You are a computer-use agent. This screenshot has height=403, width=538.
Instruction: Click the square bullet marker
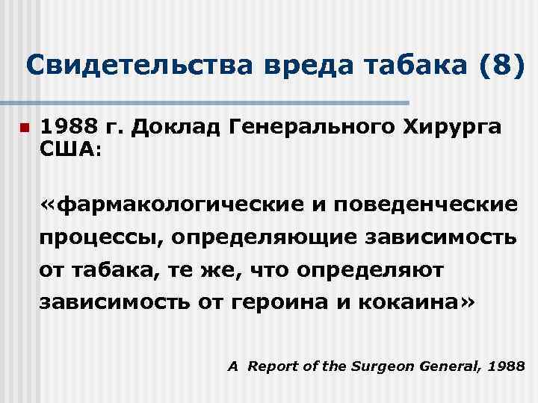pos(24,128)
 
